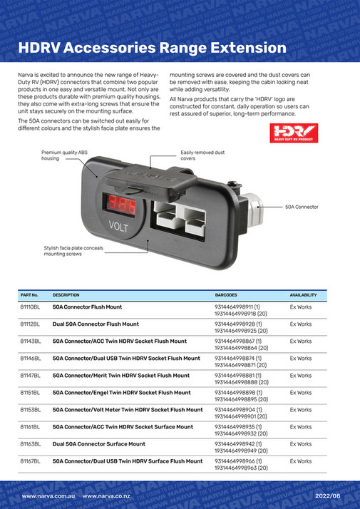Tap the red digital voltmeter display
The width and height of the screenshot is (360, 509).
tap(119, 205)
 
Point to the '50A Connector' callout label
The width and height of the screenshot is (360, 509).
tap(302, 207)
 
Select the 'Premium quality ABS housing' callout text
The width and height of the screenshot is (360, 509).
tap(63, 156)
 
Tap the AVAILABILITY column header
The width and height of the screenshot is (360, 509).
tap(303, 294)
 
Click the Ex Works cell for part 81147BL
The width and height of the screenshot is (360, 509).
tap(301, 376)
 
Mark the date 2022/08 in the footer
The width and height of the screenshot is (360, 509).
tap(327, 495)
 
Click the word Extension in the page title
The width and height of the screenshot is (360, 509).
tap(237, 48)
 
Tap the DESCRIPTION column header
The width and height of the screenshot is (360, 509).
tap(66, 294)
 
